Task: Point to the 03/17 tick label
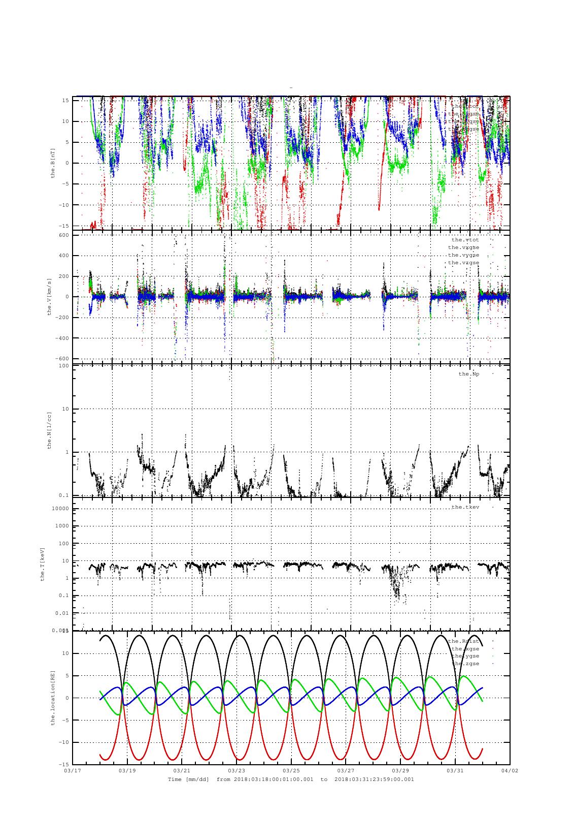click(73, 770)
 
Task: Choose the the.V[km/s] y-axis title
click(49, 297)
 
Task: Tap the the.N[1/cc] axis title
click(49, 430)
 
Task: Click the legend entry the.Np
click(468, 374)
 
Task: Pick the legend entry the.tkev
click(465, 507)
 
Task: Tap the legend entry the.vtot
click(465, 239)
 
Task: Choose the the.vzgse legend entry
click(463, 263)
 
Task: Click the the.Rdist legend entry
click(463, 641)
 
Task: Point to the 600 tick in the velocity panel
click(64, 235)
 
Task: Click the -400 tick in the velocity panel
click(63, 338)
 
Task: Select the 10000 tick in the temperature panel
click(61, 509)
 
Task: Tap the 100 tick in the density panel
click(64, 366)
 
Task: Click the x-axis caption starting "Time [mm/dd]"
click(291, 779)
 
